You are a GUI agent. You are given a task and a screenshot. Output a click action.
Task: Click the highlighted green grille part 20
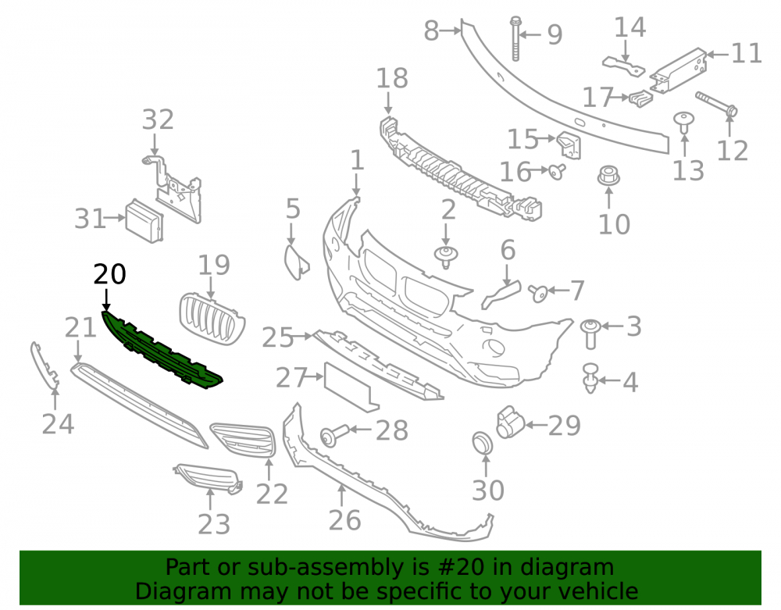[x=160, y=348]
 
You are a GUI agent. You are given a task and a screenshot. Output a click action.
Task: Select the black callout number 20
[x=110, y=274]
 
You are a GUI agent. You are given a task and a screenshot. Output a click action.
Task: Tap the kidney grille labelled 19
[x=212, y=319]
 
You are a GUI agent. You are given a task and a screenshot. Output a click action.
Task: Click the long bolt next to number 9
[x=515, y=38]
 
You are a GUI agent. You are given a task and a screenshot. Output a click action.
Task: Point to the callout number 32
[x=158, y=120]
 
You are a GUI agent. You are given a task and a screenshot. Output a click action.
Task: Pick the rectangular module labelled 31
[x=144, y=220]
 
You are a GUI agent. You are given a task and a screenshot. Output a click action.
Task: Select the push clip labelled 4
[x=590, y=379]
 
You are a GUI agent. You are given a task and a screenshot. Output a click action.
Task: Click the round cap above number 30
[x=482, y=443]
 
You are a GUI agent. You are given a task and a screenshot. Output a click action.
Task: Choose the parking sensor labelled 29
[x=509, y=423]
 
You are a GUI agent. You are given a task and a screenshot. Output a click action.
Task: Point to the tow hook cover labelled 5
[x=296, y=260]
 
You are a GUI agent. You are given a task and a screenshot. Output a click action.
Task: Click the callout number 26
[x=344, y=520]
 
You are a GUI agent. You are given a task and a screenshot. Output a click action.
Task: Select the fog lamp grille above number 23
[x=209, y=478]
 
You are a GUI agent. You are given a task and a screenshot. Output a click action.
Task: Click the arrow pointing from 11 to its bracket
[x=718, y=54]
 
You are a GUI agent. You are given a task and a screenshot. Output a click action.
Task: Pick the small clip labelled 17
[x=640, y=98]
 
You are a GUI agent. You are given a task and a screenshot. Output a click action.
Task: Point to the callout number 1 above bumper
[x=357, y=160]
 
